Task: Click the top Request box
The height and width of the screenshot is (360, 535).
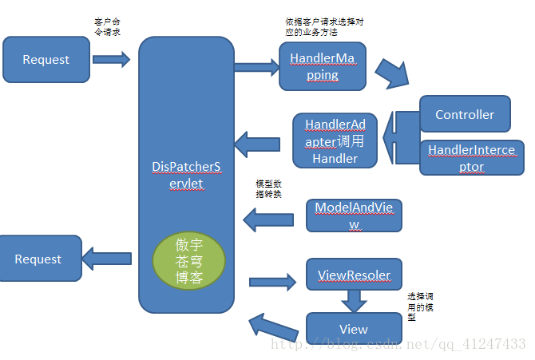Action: (x=46, y=60)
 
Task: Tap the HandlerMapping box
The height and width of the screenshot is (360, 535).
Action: (x=322, y=66)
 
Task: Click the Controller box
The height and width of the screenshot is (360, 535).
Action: (x=465, y=114)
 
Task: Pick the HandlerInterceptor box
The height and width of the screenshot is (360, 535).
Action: (x=471, y=157)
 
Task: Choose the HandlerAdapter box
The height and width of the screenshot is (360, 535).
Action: (x=335, y=140)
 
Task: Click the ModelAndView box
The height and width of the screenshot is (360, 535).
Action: (x=353, y=216)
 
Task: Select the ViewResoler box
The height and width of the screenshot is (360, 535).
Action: (x=354, y=275)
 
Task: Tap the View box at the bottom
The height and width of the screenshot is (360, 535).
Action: (x=353, y=329)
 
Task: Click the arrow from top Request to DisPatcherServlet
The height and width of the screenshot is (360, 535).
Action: (x=111, y=58)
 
